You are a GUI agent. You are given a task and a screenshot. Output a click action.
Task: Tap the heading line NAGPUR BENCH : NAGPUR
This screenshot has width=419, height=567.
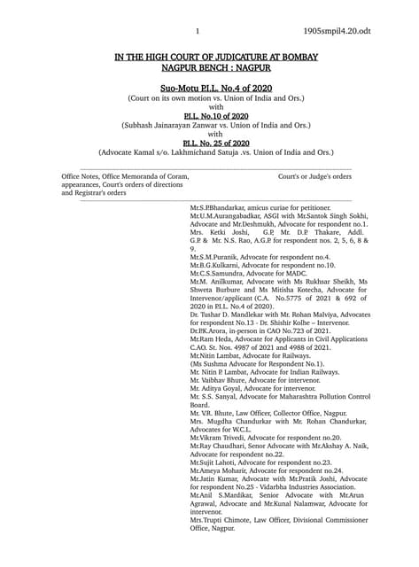tap(209, 66)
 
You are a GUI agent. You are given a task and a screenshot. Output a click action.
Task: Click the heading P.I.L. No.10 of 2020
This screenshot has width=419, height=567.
tap(210, 116)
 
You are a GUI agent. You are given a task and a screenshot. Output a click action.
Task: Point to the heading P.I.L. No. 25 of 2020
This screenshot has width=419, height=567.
tap(210, 143)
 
